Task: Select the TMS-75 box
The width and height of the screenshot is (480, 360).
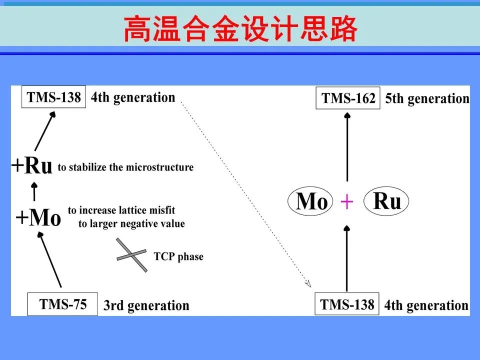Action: [63, 304]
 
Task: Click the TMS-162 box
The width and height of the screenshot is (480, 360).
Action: [348, 98]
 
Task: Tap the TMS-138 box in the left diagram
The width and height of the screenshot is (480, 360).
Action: [54, 97]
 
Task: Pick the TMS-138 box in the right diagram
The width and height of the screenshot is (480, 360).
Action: [347, 304]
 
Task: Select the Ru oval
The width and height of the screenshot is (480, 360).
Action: [386, 202]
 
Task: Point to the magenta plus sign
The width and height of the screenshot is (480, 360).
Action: [347, 202]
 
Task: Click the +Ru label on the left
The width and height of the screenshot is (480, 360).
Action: [32, 166]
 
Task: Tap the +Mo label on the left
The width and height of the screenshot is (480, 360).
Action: [38, 218]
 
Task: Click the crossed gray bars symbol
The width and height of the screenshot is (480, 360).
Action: [132, 255]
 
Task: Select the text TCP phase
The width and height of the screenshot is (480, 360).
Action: [178, 257]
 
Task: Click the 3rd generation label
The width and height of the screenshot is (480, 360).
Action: [146, 305]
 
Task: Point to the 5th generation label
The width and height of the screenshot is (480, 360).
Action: [427, 99]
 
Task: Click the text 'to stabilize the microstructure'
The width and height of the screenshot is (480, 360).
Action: [125, 167]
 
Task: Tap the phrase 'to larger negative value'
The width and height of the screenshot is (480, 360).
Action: [131, 223]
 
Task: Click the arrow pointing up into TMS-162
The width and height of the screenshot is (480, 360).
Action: [347, 145]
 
